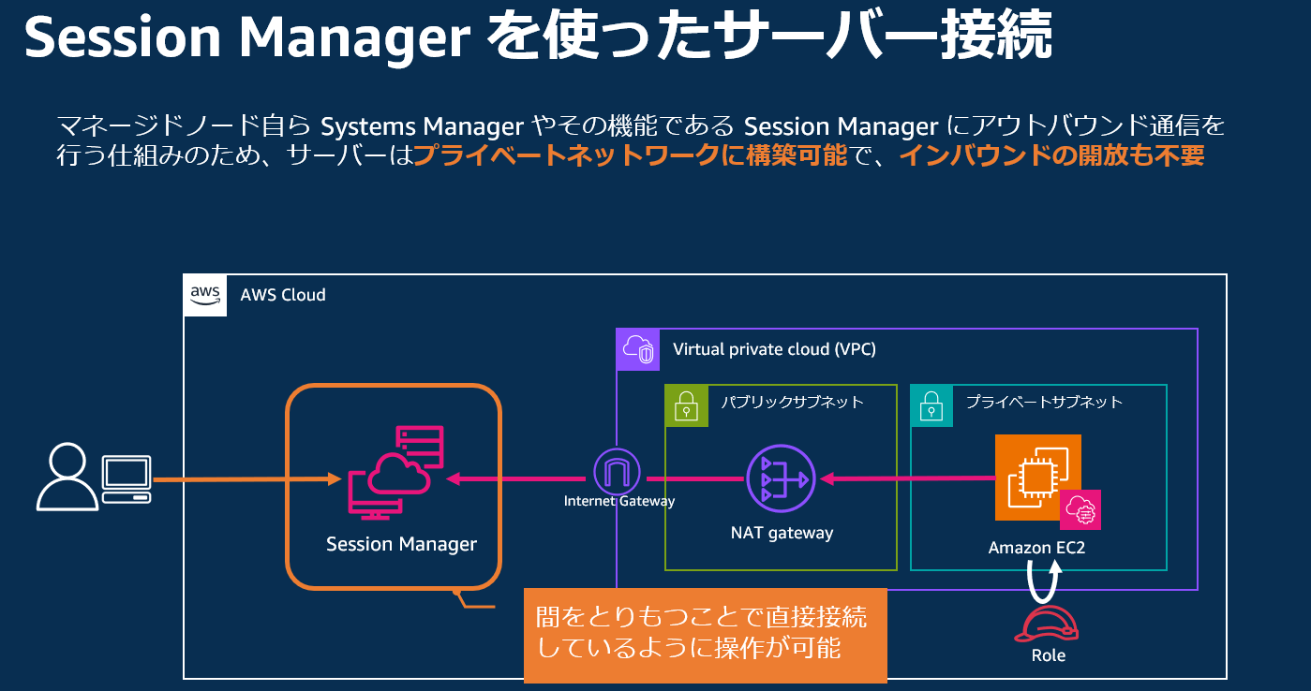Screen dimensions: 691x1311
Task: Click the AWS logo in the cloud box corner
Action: (x=205, y=295)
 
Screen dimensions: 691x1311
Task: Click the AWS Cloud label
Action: (x=283, y=295)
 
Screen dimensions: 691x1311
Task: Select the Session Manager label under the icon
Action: (x=401, y=544)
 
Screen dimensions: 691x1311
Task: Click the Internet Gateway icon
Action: (x=618, y=472)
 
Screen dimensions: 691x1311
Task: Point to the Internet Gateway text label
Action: (x=618, y=501)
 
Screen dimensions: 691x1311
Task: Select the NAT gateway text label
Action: (x=782, y=533)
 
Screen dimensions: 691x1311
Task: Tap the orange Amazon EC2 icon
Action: (x=1037, y=477)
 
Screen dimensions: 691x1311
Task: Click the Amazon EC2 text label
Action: (x=1036, y=548)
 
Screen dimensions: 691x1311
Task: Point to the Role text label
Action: (x=1048, y=655)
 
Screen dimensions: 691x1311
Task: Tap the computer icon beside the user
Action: (x=127, y=479)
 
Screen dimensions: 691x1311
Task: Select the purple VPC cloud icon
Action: (x=638, y=349)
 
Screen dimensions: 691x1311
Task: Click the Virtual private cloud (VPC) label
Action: (x=774, y=349)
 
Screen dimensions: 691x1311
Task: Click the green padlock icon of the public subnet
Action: (x=687, y=406)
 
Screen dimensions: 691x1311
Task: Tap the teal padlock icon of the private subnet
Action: (x=931, y=406)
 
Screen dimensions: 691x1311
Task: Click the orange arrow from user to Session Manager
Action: (x=244, y=479)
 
